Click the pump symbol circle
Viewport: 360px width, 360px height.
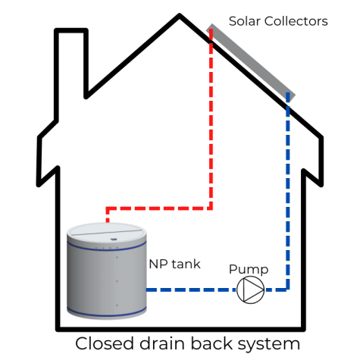coord(250,289)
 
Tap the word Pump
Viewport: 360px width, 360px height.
coord(249,270)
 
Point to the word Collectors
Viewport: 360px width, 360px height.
coord(299,21)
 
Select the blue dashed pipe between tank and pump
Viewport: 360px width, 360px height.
coord(189,289)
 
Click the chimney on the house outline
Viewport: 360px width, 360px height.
coord(71,61)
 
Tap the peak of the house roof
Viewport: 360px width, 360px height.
coord(180,17)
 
